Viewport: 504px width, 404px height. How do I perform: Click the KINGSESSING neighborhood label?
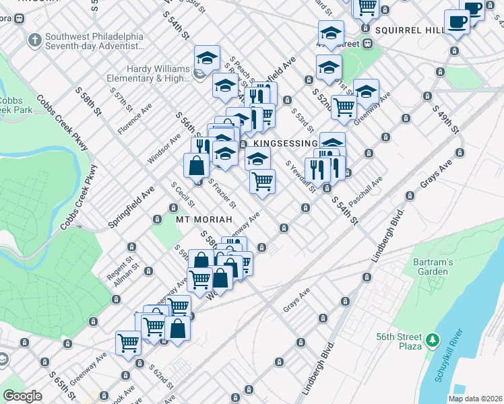[286, 143]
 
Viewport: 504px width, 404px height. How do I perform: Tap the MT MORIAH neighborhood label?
[204, 220]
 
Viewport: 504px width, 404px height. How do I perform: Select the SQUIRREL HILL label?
[410, 31]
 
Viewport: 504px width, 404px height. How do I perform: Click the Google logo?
[22, 396]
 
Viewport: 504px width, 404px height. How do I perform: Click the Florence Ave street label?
[135, 119]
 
